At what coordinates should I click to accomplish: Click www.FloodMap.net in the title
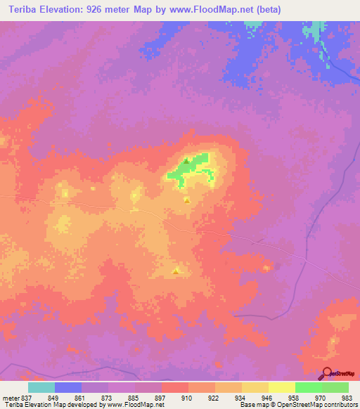[x=209, y=9]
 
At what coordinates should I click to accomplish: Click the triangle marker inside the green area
[x=186, y=161]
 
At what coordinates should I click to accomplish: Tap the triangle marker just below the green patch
[x=186, y=200]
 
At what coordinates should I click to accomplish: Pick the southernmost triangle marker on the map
[x=176, y=270]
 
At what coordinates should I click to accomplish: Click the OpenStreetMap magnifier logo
[x=325, y=375]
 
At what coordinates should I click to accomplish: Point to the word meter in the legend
[x=10, y=397]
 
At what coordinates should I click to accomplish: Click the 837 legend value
[x=27, y=397]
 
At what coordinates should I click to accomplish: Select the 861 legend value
[x=82, y=397]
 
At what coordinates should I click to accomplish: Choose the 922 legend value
[x=215, y=397]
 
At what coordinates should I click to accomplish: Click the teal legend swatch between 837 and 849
[x=41, y=387]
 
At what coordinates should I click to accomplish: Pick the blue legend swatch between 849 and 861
[x=68, y=387]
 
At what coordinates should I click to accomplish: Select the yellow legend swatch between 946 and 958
[x=281, y=387]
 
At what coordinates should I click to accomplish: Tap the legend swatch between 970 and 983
[x=335, y=387]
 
